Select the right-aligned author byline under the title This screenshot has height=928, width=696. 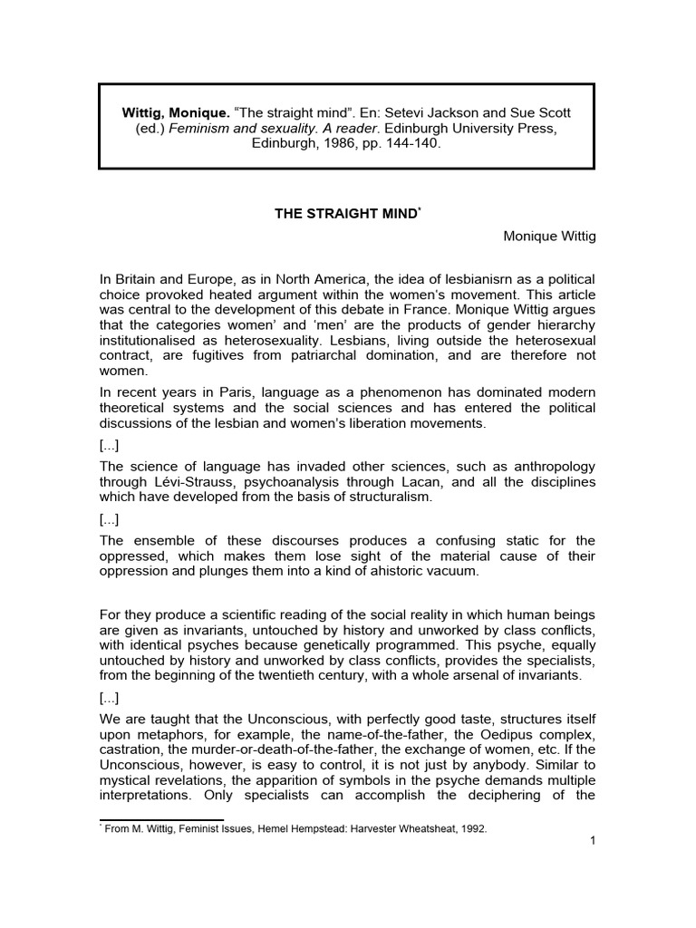tap(549, 237)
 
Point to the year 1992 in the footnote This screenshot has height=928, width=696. tap(471, 828)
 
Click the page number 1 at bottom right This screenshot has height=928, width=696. tap(591, 841)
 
